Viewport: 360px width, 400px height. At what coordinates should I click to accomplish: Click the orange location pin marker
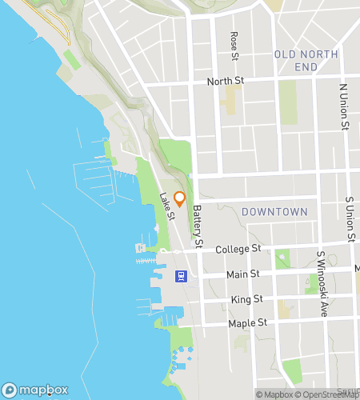[180, 199]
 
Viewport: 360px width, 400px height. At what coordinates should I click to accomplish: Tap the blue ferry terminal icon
[182, 276]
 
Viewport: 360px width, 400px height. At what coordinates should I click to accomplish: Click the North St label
[225, 82]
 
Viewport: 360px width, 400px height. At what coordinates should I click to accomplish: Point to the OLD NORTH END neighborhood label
[306, 61]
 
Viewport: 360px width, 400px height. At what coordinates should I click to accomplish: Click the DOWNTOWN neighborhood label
[274, 212]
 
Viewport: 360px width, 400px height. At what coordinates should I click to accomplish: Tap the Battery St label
[198, 226]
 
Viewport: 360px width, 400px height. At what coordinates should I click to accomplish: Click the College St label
[239, 250]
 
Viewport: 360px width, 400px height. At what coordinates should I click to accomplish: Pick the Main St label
[243, 274]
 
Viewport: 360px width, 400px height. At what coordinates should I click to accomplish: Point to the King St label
[246, 299]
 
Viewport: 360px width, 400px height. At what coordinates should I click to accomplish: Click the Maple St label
[248, 323]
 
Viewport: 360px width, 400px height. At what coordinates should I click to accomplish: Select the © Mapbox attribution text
[274, 394]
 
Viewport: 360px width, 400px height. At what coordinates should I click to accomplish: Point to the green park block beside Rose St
[231, 100]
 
